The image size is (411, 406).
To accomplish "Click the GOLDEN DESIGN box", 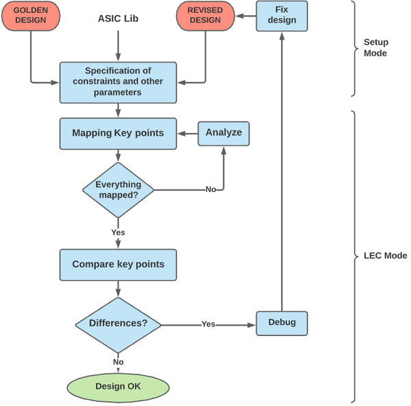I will pos(31,15).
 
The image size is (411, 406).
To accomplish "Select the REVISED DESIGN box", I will pos(206,15).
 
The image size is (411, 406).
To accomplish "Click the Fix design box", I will pos(281,15).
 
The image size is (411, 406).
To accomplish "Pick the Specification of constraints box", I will pos(118,82).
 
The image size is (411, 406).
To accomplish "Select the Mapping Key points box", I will pos(118,132).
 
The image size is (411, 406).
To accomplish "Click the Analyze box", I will pos(224,132).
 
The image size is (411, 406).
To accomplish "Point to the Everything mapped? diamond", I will pos(119,189).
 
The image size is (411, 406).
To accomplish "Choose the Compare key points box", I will pos(118,264).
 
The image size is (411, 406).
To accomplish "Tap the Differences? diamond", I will pos(119,323).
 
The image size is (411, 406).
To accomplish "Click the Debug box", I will pos(282,322).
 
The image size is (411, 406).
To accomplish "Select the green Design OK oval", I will pos(118,387).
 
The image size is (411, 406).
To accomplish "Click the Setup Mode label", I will pos(375,47).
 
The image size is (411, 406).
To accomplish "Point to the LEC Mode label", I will pos(385,256).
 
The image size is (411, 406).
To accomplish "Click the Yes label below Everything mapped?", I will pos(119,232).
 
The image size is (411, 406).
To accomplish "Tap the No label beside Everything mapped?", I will pos(211,189).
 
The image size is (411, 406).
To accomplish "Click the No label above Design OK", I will pos(119,361).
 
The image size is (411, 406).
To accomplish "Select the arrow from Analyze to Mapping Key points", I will pos(188,132).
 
